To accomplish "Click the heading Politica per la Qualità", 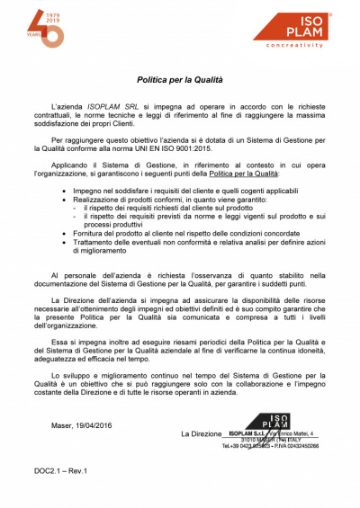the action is click(x=179, y=80).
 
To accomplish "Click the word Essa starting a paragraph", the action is click(x=59, y=342).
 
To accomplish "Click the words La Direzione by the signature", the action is click(x=201, y=433).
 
